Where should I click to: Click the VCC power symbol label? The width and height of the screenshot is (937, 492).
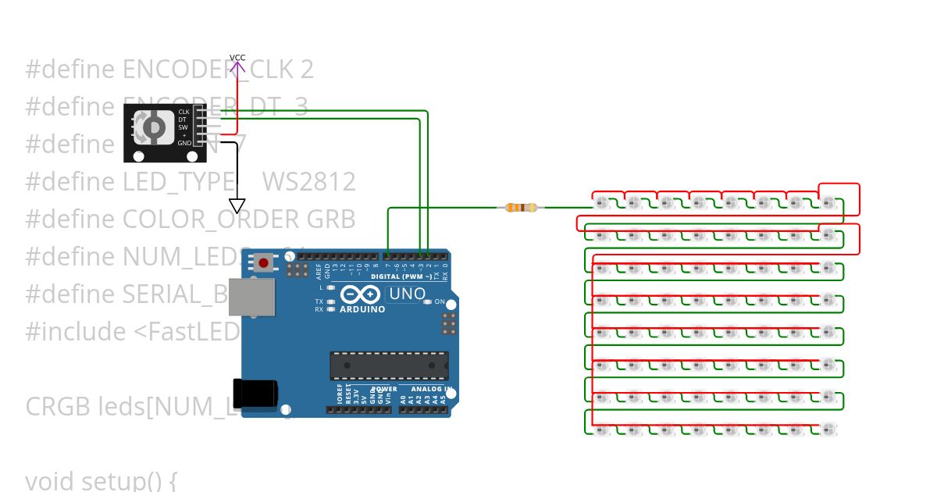click(x=237, y=58)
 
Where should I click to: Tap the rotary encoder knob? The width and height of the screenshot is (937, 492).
click(x=153, y=127)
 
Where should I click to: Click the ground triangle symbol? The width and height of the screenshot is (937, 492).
click(x=237, y=206)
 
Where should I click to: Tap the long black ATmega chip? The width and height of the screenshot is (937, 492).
click(x=389, y=364)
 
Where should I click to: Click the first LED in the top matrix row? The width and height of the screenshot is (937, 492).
click(x=602, y=203)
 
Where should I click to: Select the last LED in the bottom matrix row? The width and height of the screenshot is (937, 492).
click(x=828, y=429)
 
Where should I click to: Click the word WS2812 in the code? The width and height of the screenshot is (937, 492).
click(x=309, y=182)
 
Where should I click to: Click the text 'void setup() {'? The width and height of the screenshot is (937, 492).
click(x=102, y=481)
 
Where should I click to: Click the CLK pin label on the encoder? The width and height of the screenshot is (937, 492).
click(x=183, y=112)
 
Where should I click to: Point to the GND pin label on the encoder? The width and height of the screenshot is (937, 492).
click(x=183, y=143)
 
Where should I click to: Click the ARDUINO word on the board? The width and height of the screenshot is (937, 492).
click(x=362, y=309)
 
